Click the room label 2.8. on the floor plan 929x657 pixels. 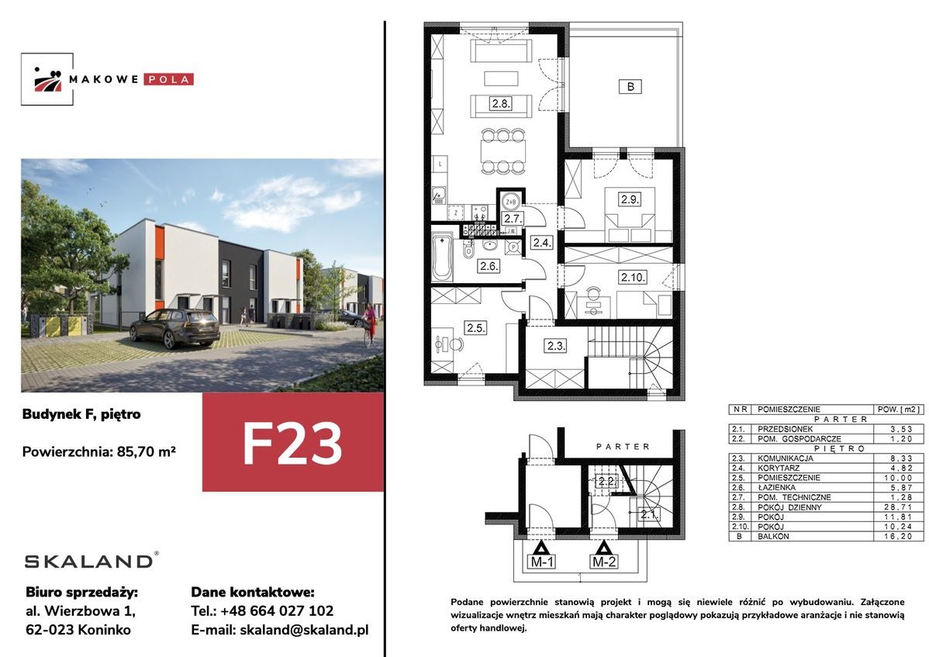click(x=501, y=104)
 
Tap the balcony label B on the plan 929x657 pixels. click(x=630, y=87)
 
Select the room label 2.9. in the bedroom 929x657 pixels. click(x=630, y=199)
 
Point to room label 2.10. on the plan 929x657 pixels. click(x=633, y=277)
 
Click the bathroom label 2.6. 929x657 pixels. click(x=489, y=266)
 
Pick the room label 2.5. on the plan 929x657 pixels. click(x=476, y=327)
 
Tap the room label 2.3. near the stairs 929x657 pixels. click(x=556, y=346)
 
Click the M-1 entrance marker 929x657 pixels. click(x=542, y=561)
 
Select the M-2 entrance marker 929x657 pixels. click(x=604, y=561)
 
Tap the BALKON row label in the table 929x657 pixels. click(x=773, y=536)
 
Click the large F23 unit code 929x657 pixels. click(x=292, y=444)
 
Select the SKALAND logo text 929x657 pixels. click(x=89, y=561)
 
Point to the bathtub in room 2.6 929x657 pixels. click(x=442, y=257)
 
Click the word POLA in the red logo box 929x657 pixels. click(x=167, y=79)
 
